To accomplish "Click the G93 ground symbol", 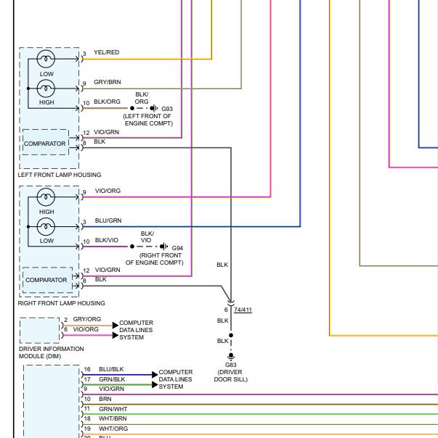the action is tap(154, 108).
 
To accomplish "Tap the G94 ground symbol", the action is tap(164, 247).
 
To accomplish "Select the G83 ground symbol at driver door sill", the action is tap(231, 357).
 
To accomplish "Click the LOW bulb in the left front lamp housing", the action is tap(46, 59).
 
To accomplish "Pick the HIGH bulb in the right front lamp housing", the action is tap(46, 197).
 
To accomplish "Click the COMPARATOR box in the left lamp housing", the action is tap(45, 142).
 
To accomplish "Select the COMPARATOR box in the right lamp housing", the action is tap(47, 280).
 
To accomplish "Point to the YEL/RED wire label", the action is tap(107, 52).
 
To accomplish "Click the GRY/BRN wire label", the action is tap(108, 82).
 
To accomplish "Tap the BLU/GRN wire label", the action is tap(108, 220).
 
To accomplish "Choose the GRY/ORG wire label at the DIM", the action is tap(87, 319).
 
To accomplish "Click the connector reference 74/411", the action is tap(243, 310).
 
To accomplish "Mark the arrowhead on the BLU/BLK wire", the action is tap(155, 375).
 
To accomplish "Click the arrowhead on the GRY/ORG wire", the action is tap(115, 325).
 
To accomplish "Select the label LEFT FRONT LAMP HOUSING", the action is tap(60, 175).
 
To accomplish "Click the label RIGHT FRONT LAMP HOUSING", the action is tap(61, 303).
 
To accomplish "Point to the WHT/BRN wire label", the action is tap(113, 418).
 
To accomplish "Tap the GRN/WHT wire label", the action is tap(113, 409).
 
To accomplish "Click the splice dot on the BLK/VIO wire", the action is tap(132, 247).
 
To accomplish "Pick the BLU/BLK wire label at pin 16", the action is tap(111, 369).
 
